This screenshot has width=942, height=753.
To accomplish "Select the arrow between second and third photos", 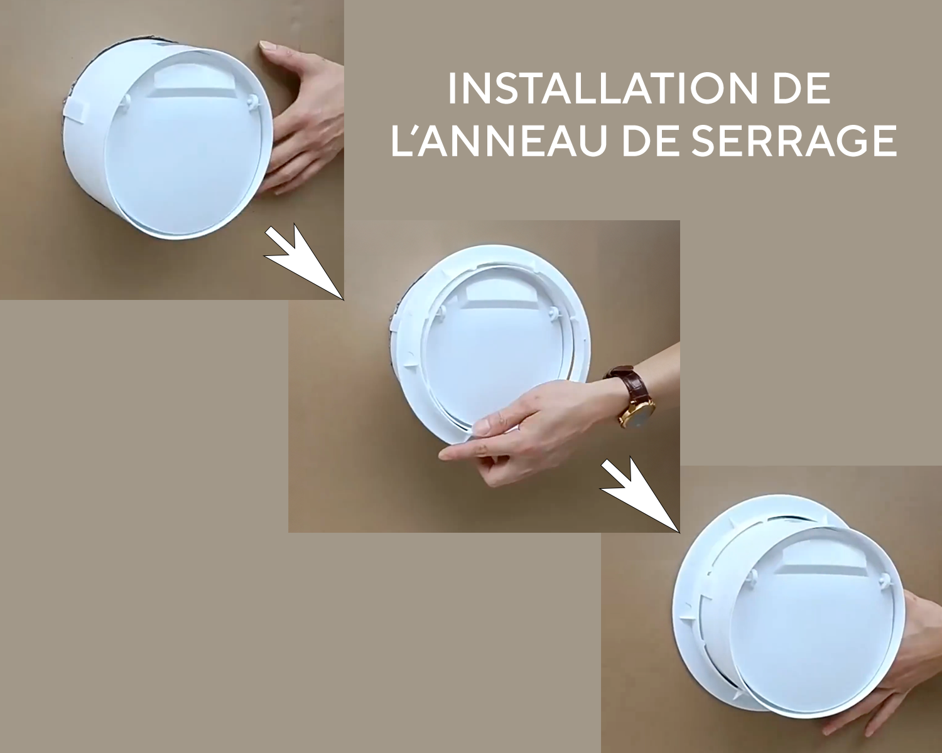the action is [x=640, y=494].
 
